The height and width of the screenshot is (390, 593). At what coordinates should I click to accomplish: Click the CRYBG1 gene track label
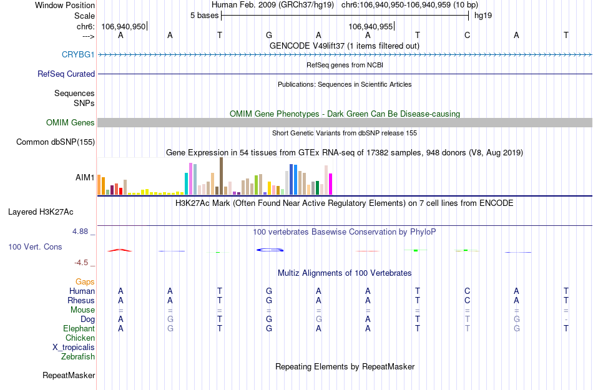tap(78, 54)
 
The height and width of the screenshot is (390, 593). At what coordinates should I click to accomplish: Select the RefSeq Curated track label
tap(66, 74)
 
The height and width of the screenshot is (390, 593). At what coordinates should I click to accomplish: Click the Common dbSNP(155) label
tap(55, 142)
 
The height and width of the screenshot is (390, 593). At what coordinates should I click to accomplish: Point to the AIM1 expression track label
tap(85, 177)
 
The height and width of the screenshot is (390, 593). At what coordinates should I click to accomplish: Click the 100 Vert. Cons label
tap(35, 247)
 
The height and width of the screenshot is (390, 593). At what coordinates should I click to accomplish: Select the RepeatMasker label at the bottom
tap(69, 376)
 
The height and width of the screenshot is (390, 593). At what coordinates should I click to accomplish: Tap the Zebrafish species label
tap(78, 357)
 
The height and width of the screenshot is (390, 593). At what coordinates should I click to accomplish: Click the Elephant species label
tap(79, 329)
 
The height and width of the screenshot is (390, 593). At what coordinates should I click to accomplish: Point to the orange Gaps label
tap(85, 282)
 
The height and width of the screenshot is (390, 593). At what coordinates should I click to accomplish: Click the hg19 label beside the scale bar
tap(483, 15)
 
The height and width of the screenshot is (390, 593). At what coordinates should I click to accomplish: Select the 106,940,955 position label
tap(371, 26)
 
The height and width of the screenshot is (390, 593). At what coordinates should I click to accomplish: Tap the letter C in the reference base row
tap(467, 35)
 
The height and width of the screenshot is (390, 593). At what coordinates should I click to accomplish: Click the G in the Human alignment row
tap(268, 291)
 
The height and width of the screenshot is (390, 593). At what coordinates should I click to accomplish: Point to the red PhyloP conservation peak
tap(119, 250)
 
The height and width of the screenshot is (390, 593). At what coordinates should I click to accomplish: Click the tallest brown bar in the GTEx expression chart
tap(221, 177)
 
